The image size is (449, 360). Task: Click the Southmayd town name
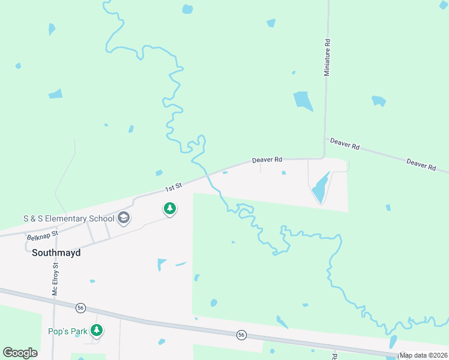tap(56, 253)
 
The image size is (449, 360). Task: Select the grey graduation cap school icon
tap(124, 217)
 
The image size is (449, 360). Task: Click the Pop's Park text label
tap(67, 331)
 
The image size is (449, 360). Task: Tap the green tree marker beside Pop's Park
tap(96, 330)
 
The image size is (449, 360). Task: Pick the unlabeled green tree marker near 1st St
tap(170, 209)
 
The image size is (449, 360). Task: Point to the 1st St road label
tap(173, 188)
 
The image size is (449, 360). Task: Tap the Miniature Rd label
tap(327, 58)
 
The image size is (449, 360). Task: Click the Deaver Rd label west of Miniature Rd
tap(267, 160)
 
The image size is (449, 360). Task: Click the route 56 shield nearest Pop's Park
tap(81, 308)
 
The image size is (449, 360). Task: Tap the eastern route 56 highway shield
tap(241, 334)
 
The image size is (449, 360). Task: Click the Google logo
tap(20, 353)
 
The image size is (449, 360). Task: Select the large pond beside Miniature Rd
tap(303, 101)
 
